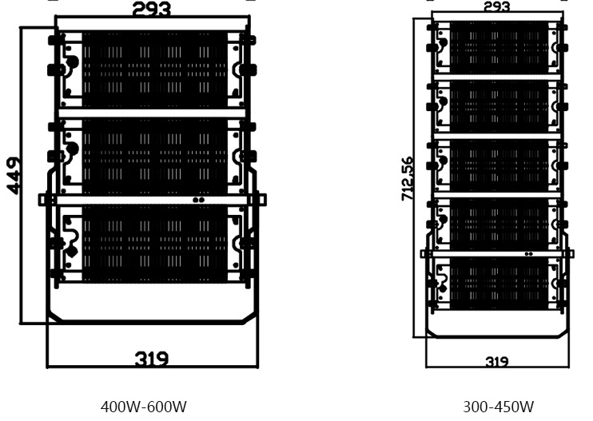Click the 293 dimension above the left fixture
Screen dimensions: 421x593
(151, 10)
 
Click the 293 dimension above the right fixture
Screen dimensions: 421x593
(497, 6)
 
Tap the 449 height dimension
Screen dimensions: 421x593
(14, 176)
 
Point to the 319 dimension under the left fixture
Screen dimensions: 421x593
(151, 359)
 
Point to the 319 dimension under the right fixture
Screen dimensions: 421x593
(497, 361)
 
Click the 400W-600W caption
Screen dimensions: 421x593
(144, 407)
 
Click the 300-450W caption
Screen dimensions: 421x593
(498, 407)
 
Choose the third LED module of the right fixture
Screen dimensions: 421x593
(498, 165)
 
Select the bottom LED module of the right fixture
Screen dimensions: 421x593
(498, 283)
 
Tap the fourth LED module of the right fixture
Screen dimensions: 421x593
(498, 224)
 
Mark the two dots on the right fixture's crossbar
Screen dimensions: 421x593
(528, 254)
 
